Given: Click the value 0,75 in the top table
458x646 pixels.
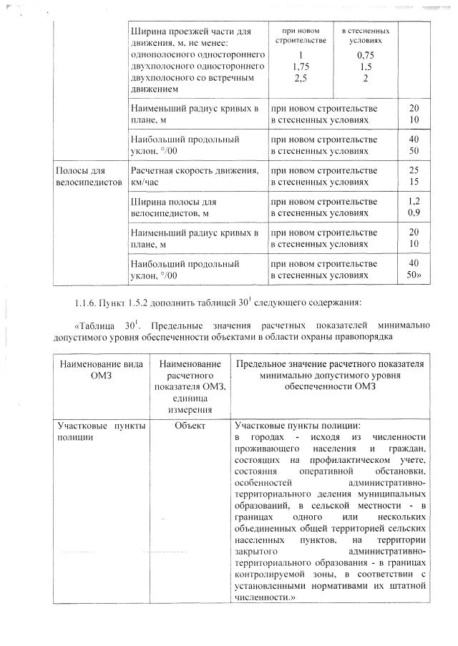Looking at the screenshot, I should coord(366,54).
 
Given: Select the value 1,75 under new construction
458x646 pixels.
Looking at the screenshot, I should coord(301,66).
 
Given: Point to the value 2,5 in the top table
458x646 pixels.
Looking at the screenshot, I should coord(301,77).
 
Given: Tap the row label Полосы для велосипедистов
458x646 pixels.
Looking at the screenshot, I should coord(80,177).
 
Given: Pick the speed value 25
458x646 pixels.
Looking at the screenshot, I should coord(413,171).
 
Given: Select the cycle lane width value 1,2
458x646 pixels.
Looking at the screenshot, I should coord(413,202).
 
